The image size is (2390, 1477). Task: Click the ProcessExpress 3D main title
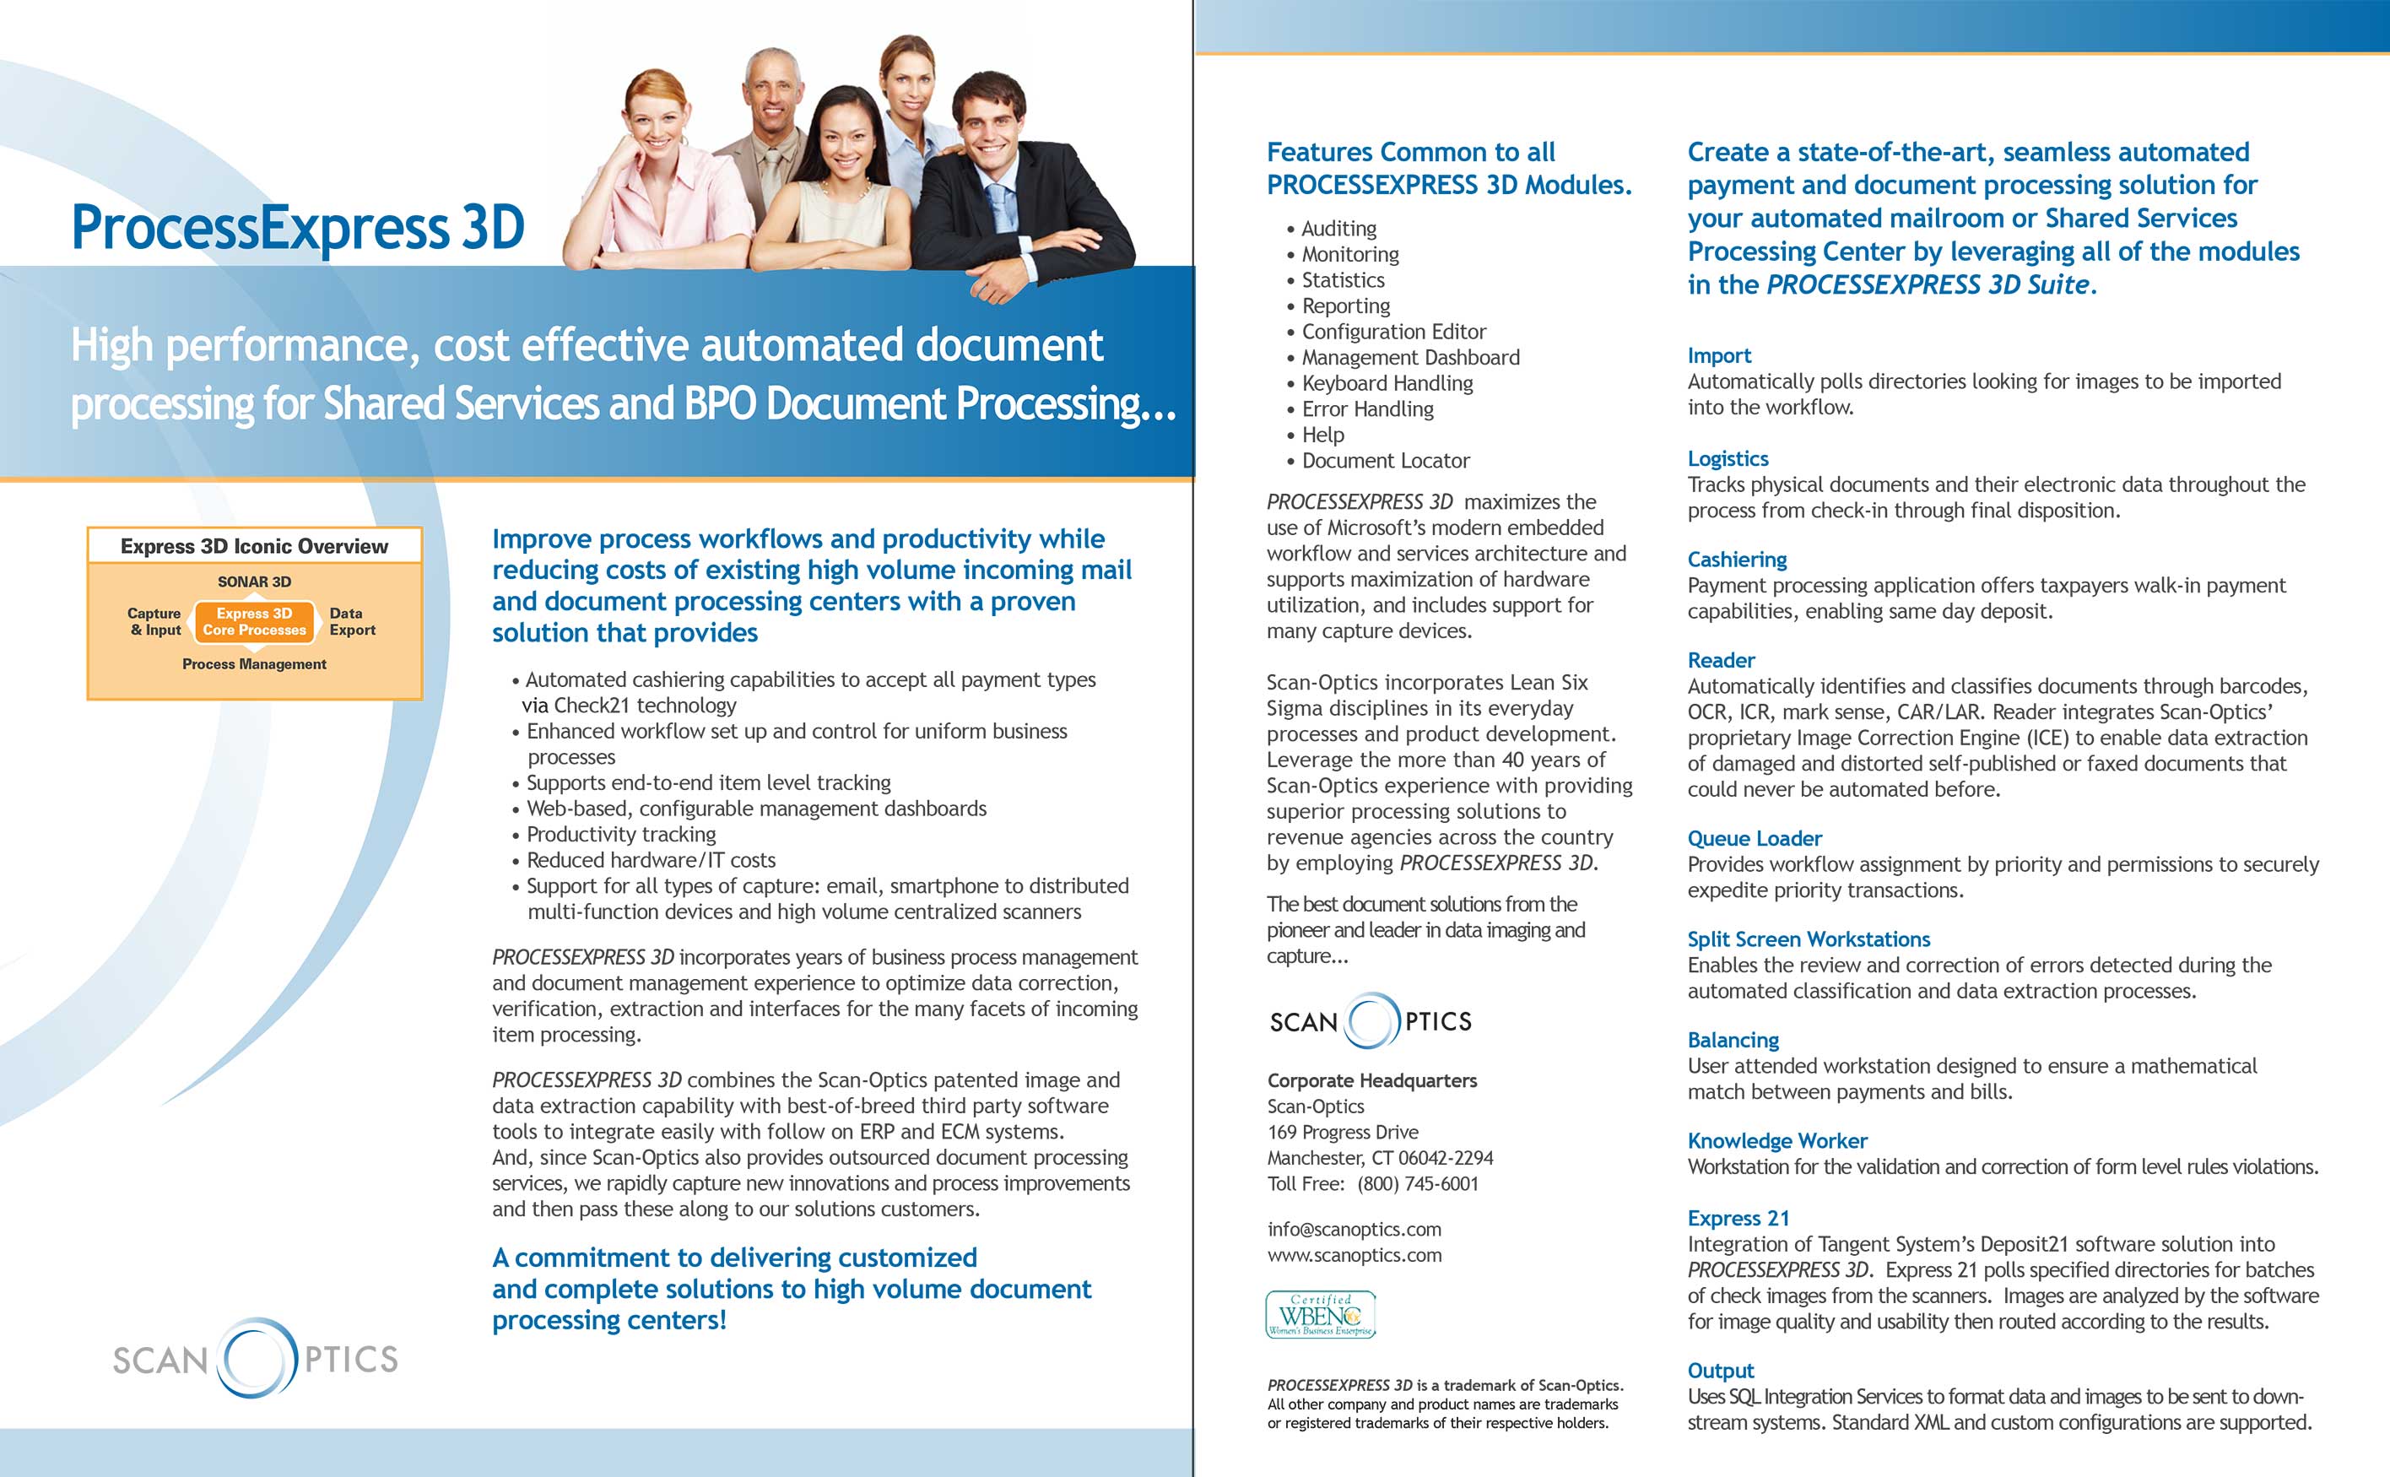[298, 228]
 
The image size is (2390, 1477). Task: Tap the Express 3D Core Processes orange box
[255, 622]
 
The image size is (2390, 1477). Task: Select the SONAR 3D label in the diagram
[254, 582]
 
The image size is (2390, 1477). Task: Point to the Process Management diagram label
[254, 664]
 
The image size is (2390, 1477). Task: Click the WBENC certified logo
[1321, 1314]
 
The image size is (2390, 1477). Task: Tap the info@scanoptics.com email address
[1354, 1229]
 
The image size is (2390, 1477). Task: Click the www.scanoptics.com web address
[1354, 1255]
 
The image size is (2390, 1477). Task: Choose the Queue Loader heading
[1755, 838]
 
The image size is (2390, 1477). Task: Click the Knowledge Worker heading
[1776, 1141]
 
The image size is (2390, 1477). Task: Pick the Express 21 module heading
[1738, 1218]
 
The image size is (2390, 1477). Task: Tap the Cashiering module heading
[1737, 560]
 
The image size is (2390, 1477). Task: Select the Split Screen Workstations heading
[1808, 939]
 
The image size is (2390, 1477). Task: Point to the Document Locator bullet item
[1385, 461]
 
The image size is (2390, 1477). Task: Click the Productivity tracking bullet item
[620, 834]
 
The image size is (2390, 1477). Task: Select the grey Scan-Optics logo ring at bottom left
[256, 1357]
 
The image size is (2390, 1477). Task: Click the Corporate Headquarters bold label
[1371, 1080]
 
